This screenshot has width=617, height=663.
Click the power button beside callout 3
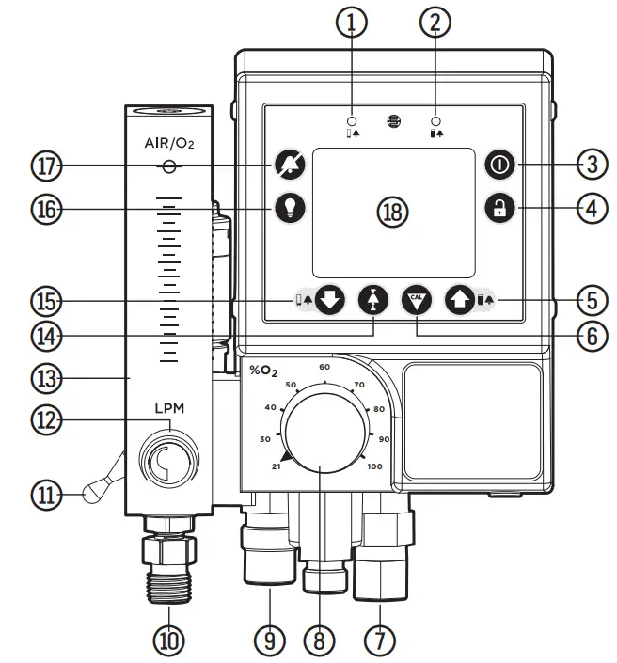click(x=498, y=165)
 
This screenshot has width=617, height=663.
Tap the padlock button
click(x=498, y=209)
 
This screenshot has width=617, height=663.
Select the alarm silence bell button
click(x=288, y=165)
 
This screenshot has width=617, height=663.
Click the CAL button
click(x=415, y=300)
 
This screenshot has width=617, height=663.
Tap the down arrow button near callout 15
click(x=329, y=300)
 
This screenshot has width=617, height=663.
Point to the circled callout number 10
click(x=170, y=639)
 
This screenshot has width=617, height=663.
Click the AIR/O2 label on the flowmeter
click(x=169, y=144)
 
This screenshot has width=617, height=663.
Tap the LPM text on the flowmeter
click(x=169, y=410)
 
